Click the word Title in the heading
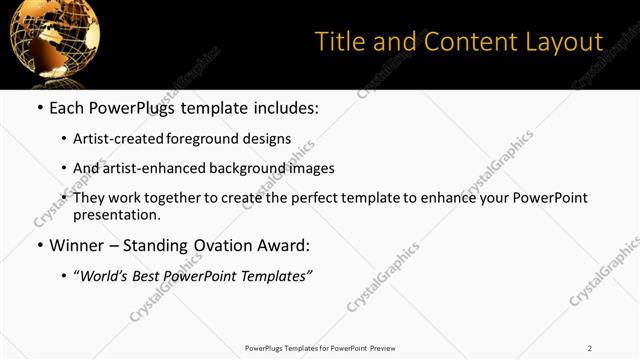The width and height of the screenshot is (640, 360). tap(339, 42)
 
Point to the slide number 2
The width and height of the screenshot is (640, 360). tap(589, 348)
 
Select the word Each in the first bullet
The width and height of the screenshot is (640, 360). tap(65, 108)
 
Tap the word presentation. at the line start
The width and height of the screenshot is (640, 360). tap(117, 214)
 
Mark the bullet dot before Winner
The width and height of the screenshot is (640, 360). tap(39, 245)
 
